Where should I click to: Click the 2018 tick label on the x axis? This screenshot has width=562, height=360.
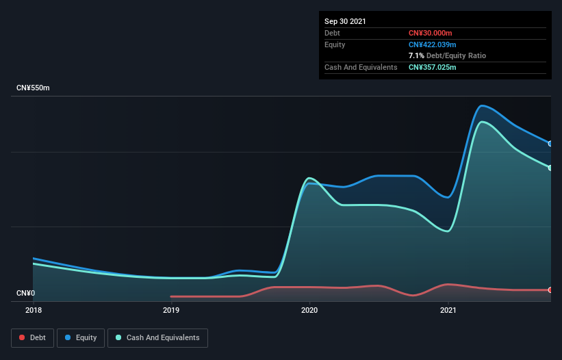(33, 310)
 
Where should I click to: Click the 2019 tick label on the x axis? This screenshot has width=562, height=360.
(171, 310)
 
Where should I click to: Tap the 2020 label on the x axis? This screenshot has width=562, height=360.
(309, 310)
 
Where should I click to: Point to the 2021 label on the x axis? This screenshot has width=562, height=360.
(448, 310)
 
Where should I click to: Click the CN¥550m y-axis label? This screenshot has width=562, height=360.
(34, 88)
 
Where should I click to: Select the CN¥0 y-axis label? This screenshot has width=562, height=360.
(25, 294)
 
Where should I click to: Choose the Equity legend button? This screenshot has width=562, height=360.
(80, 337)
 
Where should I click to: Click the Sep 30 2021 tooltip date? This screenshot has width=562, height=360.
(345, 21)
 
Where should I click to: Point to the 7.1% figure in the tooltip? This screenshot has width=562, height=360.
(416, 55)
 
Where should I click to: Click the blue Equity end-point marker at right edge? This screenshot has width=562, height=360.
(550, 144)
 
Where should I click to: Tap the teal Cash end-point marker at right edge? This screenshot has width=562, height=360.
(550, 168)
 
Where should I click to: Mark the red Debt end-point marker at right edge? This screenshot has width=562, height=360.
(550, 290)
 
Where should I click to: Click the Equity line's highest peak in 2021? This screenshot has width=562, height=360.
(483, 105)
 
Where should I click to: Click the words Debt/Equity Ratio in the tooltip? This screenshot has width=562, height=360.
(456, 55)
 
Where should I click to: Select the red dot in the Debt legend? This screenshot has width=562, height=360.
(23, 337)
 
